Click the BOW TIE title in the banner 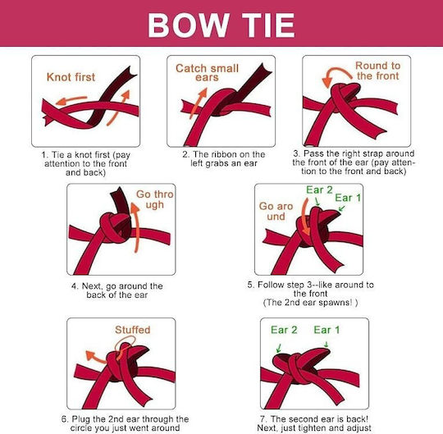(221, 25)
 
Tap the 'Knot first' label (71, 77)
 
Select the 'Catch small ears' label (207, 73)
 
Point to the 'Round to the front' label (377, 71)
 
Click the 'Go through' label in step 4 (154, 199)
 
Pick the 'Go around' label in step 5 (276, 212)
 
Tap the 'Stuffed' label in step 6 (133, 330)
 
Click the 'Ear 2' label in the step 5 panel (319, 190)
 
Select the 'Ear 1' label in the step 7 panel (327, 330)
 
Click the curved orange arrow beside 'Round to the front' (336, 69)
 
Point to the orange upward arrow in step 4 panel (136, 226)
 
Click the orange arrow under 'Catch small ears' (198, 103)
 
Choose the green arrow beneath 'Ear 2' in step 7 (279, 348)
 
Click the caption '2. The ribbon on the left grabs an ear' (224, 159)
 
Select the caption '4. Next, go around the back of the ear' (117, 290)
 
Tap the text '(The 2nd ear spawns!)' (310, 303)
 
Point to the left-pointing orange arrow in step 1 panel (71, 100)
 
